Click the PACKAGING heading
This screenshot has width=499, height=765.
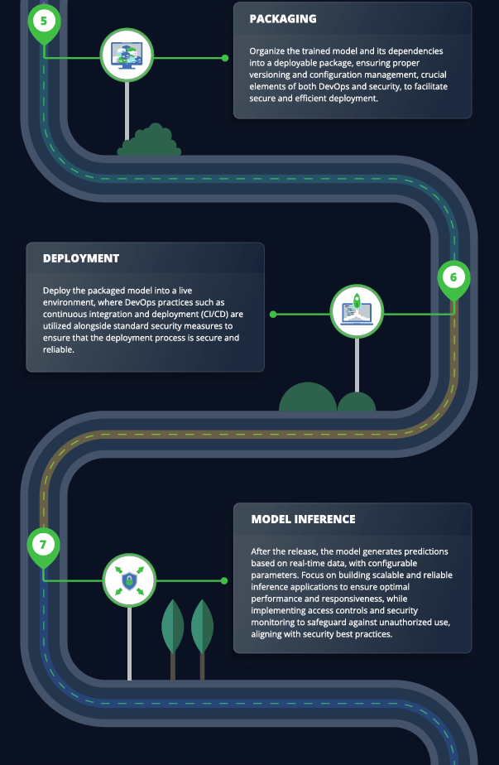283,18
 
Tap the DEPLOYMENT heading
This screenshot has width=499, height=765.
81,258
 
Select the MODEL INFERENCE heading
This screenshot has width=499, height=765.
303,519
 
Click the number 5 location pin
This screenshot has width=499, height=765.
44,23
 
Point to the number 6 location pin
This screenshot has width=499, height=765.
453,280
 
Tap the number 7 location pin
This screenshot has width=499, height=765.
43,546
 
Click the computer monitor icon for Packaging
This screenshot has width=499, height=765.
127,55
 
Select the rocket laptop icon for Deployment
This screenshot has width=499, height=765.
357,311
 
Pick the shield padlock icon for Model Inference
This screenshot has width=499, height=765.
129,580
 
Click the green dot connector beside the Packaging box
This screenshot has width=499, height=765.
225,58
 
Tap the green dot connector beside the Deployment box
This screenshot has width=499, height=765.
273,315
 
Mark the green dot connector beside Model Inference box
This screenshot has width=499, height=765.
224,580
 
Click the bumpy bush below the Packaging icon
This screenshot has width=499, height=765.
149,141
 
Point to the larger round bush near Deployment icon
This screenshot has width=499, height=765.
308,397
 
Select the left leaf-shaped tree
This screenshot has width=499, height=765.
173,639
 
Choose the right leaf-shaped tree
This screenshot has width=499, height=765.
202,639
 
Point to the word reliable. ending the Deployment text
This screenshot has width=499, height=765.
59,349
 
